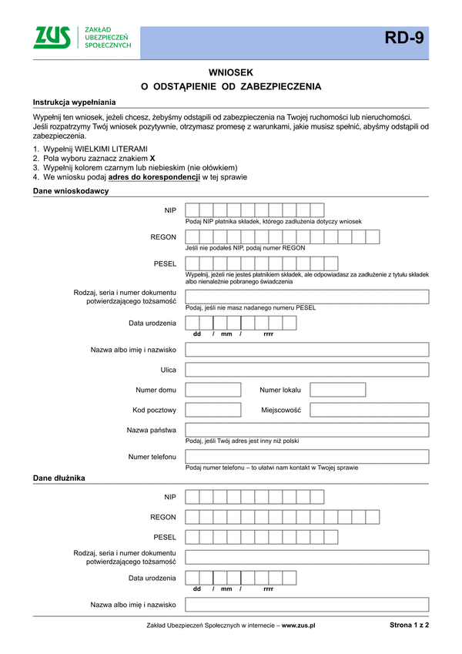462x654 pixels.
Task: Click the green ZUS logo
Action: point(52,38)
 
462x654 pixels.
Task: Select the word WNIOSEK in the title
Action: point(231,71)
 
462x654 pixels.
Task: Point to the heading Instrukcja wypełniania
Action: point(74,102)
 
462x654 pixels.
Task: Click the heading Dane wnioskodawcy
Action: point(71,191)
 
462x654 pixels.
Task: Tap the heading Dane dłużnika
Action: point(59,478)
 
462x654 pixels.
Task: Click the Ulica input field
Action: point(306,369)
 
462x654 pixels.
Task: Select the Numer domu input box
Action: point(213,389)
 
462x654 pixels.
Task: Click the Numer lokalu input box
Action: point(338,389)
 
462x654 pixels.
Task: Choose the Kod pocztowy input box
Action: point(213,410)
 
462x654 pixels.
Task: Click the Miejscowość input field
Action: point(369,410)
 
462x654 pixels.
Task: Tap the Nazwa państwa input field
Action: point(306,430)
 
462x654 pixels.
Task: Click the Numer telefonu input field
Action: point(306,457)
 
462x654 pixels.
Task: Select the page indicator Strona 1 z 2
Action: point(409,625)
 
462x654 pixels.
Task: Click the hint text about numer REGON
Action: point(245,248)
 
